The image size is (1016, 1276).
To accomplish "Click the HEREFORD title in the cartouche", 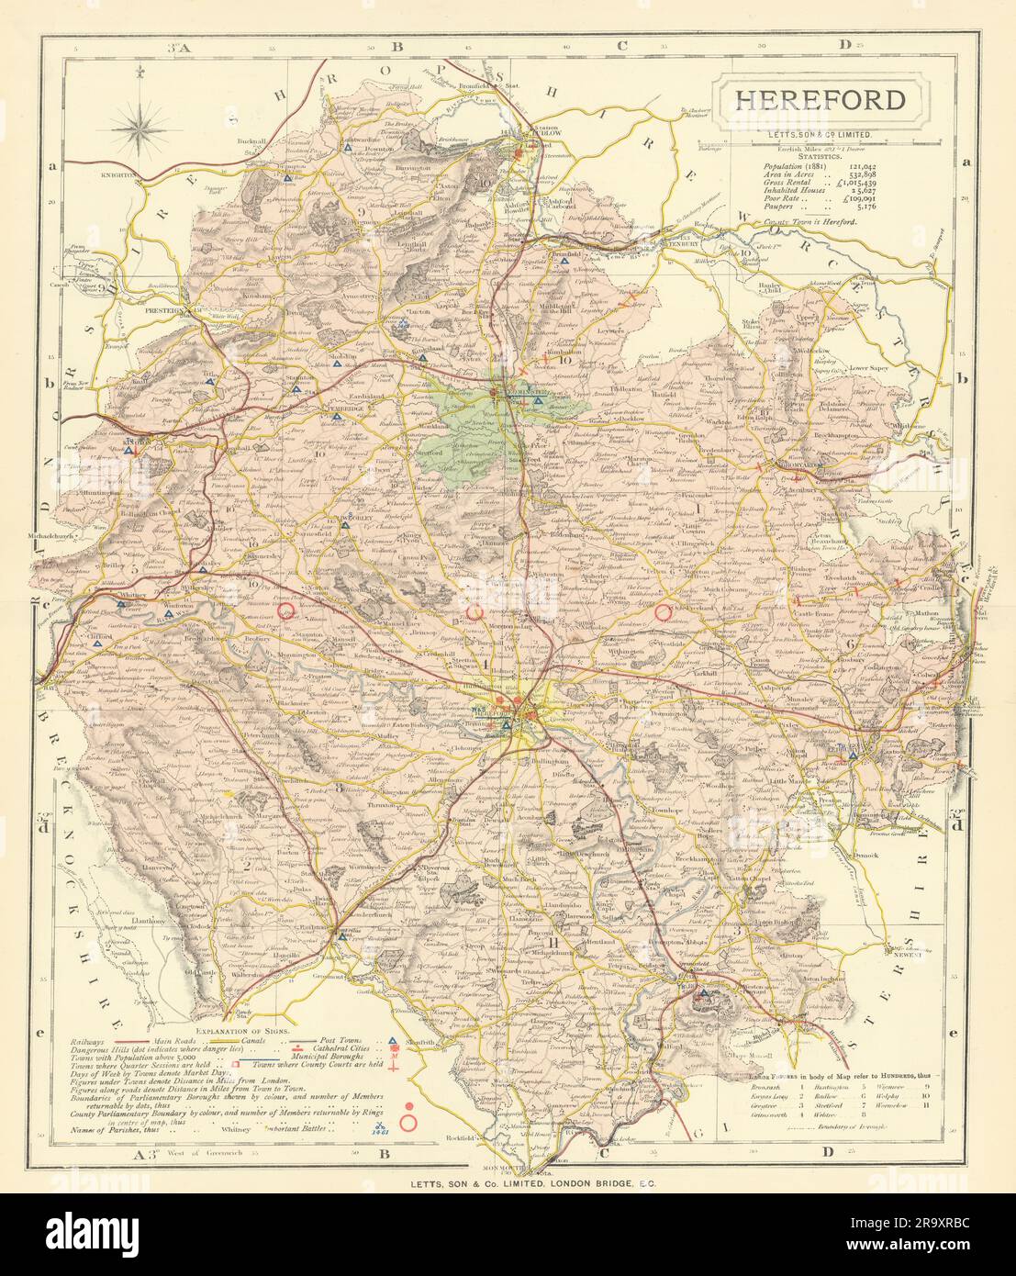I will click(x=819, y=101).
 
